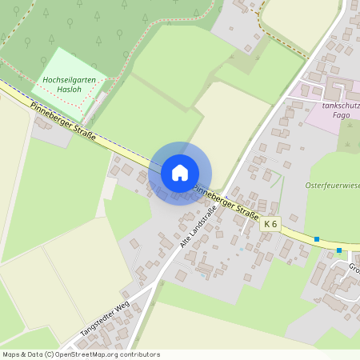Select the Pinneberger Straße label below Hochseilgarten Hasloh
(63, 122)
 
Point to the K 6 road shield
(270, 224)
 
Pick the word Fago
(342, 115)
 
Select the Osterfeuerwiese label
(332, 186)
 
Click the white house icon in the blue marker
(180, 172)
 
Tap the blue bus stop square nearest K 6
(317, 239)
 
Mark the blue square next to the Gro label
(339, 250)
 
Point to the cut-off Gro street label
(353, 267)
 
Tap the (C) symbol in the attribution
(50, 354)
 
